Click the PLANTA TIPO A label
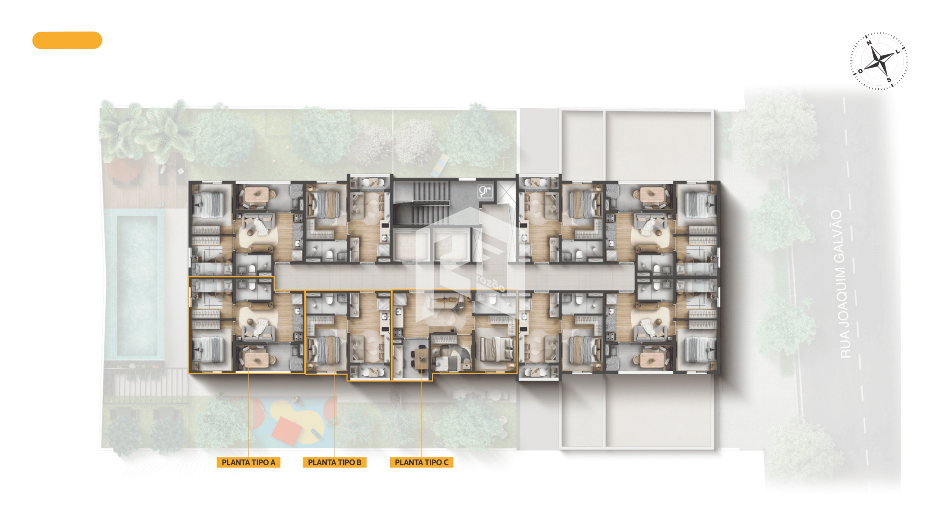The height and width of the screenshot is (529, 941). pyautogui.click(x=248, y=462)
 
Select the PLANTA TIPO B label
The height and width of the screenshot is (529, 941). pyautogui.click(x=335, y=462)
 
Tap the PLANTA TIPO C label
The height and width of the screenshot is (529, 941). pyautogui.click(x=421, y=462)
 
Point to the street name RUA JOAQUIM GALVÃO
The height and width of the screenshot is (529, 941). pyautogui.click(x=841, y=284)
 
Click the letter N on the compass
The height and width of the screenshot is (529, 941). pyautogui.click(x=869, y=43)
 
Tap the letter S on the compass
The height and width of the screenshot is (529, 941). pyautogui.click(x=889, y=80)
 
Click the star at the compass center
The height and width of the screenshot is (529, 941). pyautogui.click(x=880, y=61)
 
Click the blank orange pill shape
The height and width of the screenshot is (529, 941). pyautogui.click(x=67, y=40)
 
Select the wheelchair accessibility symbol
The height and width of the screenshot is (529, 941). pyautogui.click(x=485, y=192)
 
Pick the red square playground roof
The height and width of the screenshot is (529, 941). pyautogui.click(x=287, y=430)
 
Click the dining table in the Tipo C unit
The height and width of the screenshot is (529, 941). pyautogui.click(x=421, y=357)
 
